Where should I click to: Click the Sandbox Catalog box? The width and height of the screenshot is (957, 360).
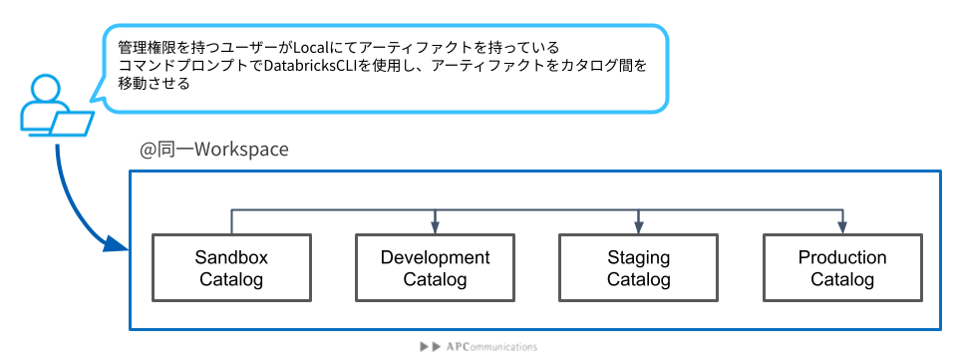pos(231,268)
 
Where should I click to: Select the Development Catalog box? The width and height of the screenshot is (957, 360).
pos(436,268)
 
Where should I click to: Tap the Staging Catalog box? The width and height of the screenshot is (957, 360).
pos(638,268)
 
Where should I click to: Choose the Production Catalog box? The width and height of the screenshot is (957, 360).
pos(842,268)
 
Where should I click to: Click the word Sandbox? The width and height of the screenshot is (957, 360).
pos(231,257)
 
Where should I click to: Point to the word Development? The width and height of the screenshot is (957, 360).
pos(436,257)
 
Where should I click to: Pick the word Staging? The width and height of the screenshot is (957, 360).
pos(638,257)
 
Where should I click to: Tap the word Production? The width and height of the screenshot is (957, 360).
pos(842,257)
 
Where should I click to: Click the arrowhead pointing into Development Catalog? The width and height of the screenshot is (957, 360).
pos(436,227)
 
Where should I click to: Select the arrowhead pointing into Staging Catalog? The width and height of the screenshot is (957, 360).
pos(638,227)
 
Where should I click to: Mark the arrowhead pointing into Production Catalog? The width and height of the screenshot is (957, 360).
pos(843,227)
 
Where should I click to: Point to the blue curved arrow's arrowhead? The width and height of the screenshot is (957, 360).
pos(117,243)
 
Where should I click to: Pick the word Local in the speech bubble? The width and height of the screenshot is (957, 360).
pos(309,47)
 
